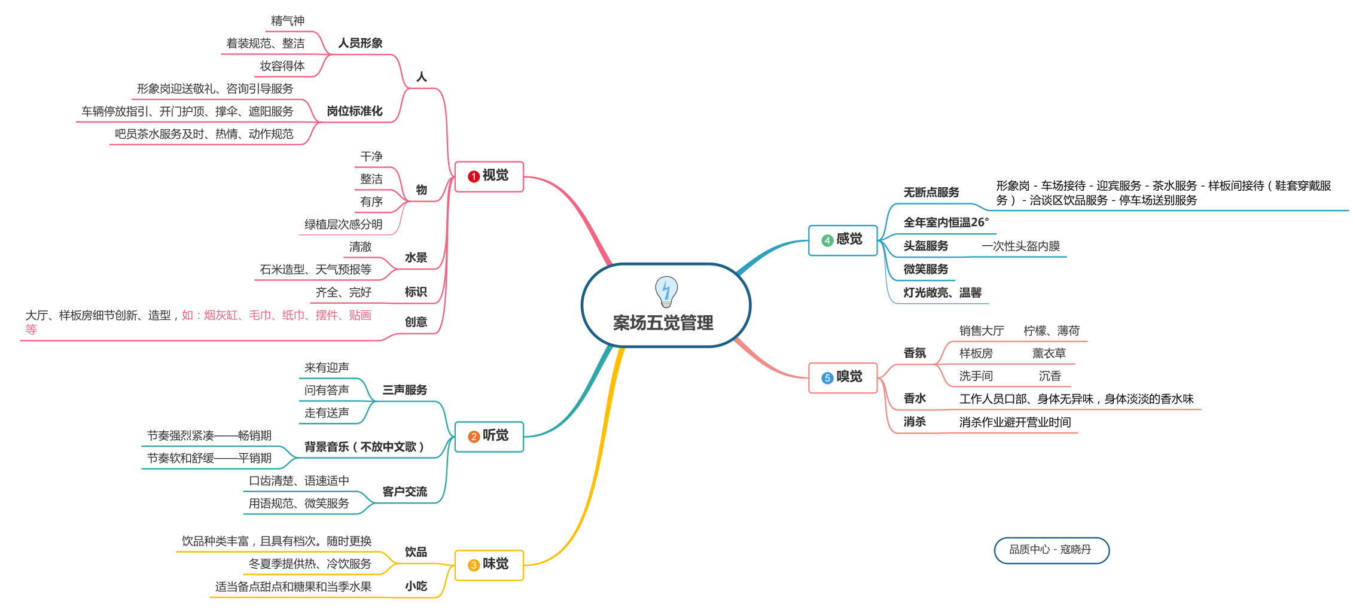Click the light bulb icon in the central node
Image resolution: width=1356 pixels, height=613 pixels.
666,291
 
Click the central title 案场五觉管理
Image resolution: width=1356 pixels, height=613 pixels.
663,323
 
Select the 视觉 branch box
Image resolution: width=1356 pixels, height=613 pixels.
489,176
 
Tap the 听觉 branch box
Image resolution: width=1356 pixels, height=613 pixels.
489,437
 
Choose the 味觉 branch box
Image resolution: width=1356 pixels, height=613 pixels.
489,565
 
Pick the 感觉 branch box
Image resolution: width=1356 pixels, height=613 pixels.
843,240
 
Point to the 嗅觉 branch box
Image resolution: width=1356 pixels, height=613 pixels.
843,377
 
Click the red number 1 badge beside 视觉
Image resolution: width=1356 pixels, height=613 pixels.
474,176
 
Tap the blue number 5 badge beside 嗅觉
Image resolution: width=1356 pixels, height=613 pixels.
827,378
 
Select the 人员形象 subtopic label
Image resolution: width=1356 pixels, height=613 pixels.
360,43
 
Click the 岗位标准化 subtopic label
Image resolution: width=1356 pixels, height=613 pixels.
355,111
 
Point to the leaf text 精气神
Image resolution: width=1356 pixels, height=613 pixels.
288,21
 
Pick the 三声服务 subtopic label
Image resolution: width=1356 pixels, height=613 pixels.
405,390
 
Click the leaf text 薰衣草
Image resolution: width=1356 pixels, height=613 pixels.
1049,353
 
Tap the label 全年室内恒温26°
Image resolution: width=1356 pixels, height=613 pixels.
946,222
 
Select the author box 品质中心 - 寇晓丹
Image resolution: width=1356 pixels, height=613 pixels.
1051,550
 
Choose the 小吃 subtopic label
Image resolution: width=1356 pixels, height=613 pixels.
416,586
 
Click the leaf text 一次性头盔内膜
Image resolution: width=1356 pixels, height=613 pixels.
1020,246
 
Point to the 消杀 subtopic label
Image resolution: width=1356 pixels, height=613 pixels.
915,422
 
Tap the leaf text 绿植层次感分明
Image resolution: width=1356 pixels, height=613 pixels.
343,224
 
